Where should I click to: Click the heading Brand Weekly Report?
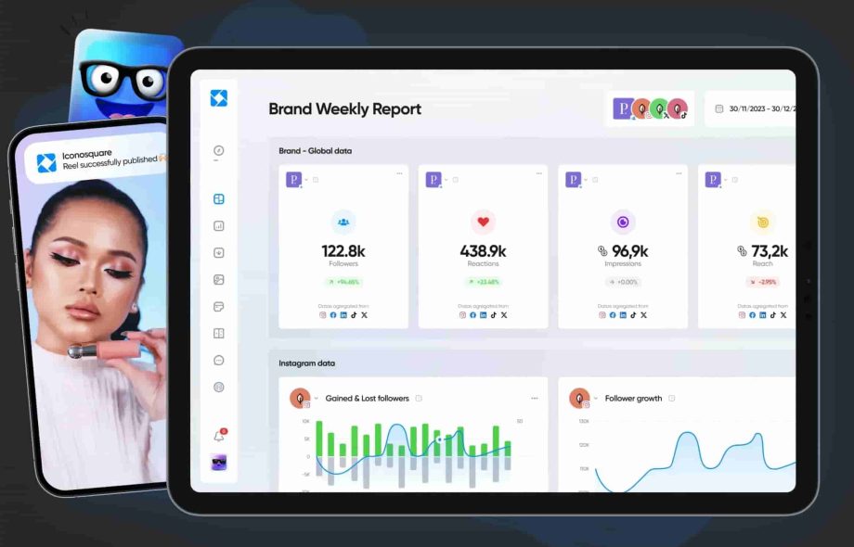[344, 109]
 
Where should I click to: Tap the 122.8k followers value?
[343, 250]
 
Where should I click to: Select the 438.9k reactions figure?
[483, 250]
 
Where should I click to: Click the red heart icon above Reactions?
[483, 222]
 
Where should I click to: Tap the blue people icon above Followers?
[343, 222]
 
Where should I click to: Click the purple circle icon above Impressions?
[622, 222]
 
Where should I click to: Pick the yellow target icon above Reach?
[762, 222]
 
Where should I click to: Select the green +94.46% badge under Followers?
[343, 282]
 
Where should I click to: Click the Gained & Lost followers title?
[367, 399]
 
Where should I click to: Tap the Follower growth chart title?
[633, 399]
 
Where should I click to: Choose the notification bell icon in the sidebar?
[219, 435]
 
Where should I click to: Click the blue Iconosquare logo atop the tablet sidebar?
[219, 98]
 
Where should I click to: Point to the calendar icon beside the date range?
[719, 109]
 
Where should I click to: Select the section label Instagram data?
[306, 363]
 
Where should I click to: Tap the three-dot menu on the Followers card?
[399, 173]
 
